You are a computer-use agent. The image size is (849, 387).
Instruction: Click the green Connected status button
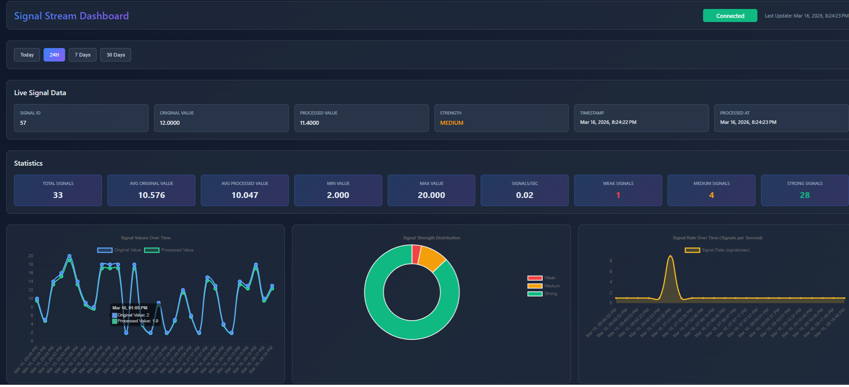click(x=730, y=16)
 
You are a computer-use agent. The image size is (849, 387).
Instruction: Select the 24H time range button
click(x=54, y=55)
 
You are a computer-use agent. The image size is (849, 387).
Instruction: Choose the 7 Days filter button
click(x=83, y=55)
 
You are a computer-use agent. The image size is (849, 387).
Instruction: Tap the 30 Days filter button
click(x=115, y=55)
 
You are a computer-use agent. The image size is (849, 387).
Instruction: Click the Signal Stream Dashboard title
click(x=71, y=16)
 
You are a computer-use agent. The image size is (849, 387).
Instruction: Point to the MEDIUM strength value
click(x=451, y=123)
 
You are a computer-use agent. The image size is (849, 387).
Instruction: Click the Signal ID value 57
click(x=23, y=123)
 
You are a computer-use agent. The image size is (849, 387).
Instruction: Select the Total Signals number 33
click(x=58, y=195)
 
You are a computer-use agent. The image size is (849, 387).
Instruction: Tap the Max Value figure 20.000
click(x=431, y=195)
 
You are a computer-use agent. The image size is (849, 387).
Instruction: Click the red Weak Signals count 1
click(x=618, y=195)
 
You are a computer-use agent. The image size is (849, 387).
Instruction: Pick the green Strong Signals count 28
click(x=805, y=195)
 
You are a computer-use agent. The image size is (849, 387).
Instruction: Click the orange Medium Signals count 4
click(x=711, y=195)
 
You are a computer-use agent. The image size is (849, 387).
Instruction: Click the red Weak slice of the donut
click(x=416, y=254)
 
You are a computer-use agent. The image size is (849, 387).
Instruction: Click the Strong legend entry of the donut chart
click(x=543, y=294)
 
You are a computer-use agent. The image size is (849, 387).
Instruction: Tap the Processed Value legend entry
click(x=169, y=250)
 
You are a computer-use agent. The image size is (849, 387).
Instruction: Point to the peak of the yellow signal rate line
click(x=670, y=256)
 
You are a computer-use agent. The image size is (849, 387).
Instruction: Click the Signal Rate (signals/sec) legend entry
click(x=717, y=250)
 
